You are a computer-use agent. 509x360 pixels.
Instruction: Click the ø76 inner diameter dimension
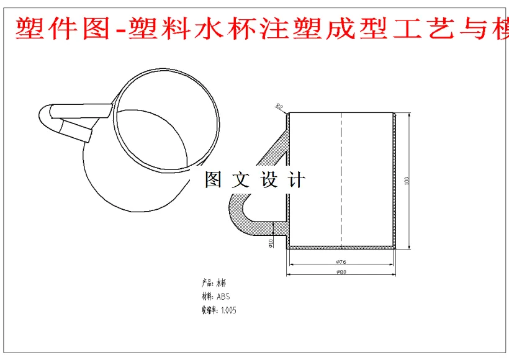click(x=341, y=262)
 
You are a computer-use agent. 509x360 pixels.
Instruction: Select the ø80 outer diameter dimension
click(x=341, y=272)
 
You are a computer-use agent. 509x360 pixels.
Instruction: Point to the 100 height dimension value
click(x=407, y=180)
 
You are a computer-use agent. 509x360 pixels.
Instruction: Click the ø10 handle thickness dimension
click(x=271, y=243)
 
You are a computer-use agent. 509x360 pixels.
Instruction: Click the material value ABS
click(x=223, y=296)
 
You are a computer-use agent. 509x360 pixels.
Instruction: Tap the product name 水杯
click(x=222, y=282)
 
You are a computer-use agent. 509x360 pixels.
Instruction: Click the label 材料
click(x=207, y=296)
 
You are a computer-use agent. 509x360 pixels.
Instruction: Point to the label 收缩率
click(x=209, y=310)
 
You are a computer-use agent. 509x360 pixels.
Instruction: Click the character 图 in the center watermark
click(x=213, y=180)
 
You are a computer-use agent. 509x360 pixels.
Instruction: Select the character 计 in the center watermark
click(x=297, y=180)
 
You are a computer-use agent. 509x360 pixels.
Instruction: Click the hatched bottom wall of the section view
click(x=341, y=247)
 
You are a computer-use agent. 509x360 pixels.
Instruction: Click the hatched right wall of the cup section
click(x=395, y=180)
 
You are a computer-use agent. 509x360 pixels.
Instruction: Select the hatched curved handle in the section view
click(x=239, y=214)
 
